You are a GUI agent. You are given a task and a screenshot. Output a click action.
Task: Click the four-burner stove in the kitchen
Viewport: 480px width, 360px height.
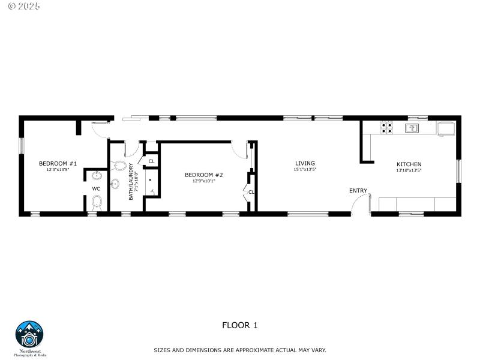click(x=387, y=127)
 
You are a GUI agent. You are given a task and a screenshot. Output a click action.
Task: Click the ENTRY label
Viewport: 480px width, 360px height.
click(x=358, y=191)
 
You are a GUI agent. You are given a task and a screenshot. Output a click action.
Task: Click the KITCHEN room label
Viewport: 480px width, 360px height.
click(x=409, y=164)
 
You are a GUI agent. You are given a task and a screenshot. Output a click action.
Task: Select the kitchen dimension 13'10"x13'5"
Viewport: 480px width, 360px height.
click(x=409, y=170)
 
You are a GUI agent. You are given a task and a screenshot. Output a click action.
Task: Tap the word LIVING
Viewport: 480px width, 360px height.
click(x=305, y=163)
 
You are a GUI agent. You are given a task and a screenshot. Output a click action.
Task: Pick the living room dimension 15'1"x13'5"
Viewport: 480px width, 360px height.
click(x=305, y=170)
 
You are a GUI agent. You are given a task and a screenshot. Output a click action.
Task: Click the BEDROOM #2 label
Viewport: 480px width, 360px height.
click(x=203, y=175)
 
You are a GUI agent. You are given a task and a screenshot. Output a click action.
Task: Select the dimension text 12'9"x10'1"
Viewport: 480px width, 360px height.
click(x=203, y=181)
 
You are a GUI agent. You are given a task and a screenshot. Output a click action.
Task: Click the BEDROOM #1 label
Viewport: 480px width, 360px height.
click(x=58, y=163)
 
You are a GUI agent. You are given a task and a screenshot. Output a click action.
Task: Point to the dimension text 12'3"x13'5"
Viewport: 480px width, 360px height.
click(x=58, y=170)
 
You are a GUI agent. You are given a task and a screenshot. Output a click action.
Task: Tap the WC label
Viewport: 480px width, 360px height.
click(x=96, y=189)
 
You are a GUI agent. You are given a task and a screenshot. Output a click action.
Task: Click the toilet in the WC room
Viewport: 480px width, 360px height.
click(x=97, y=203)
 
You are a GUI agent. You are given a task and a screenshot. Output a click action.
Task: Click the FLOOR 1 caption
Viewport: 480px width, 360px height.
click(x=239, y=326)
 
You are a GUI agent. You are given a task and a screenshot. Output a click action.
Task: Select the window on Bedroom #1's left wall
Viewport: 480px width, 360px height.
click(x=21, y=146)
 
